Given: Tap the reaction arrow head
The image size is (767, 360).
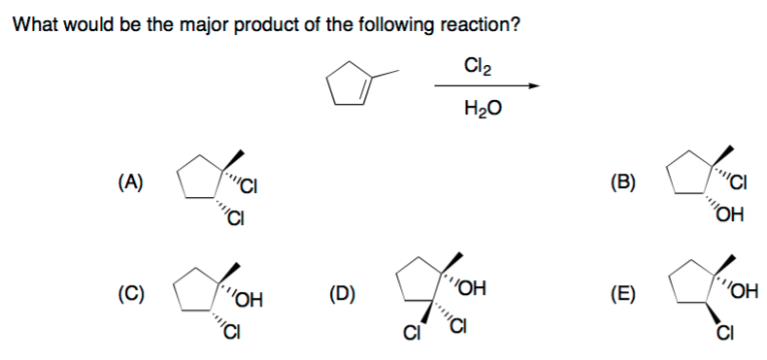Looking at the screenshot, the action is coord(532,87).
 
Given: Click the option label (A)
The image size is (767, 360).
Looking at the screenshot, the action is coord(129,180).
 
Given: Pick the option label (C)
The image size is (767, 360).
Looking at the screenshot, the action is coord(129,291).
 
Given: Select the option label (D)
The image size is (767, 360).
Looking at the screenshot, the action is coord(343,291).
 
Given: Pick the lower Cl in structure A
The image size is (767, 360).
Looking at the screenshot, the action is coord(234,215).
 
